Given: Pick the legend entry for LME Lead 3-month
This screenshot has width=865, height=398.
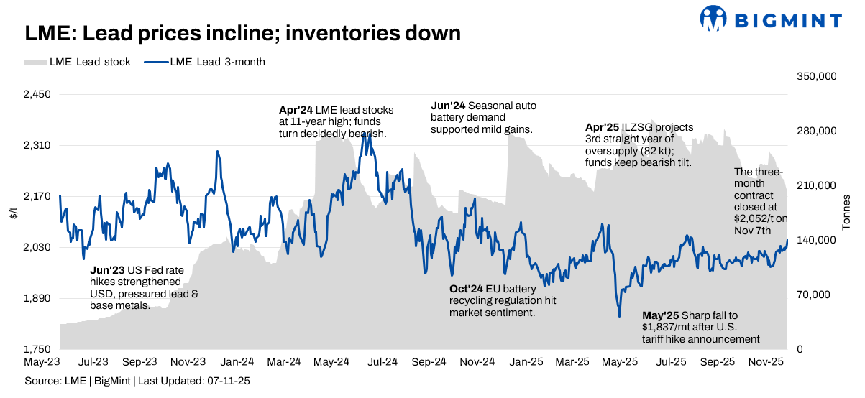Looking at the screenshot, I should coord(204,62).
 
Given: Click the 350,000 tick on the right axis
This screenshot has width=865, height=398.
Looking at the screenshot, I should coord(818,76).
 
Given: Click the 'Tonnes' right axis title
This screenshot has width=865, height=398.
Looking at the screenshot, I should coord(846,213).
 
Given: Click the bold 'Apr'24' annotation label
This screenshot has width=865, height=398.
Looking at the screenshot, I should coord(296,111).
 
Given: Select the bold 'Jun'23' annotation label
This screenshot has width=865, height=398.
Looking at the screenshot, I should coord(107,271).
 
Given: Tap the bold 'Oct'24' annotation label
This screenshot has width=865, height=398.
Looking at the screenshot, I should coord(467,288).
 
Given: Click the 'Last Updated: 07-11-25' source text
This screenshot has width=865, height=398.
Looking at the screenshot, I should coord(193,380).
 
